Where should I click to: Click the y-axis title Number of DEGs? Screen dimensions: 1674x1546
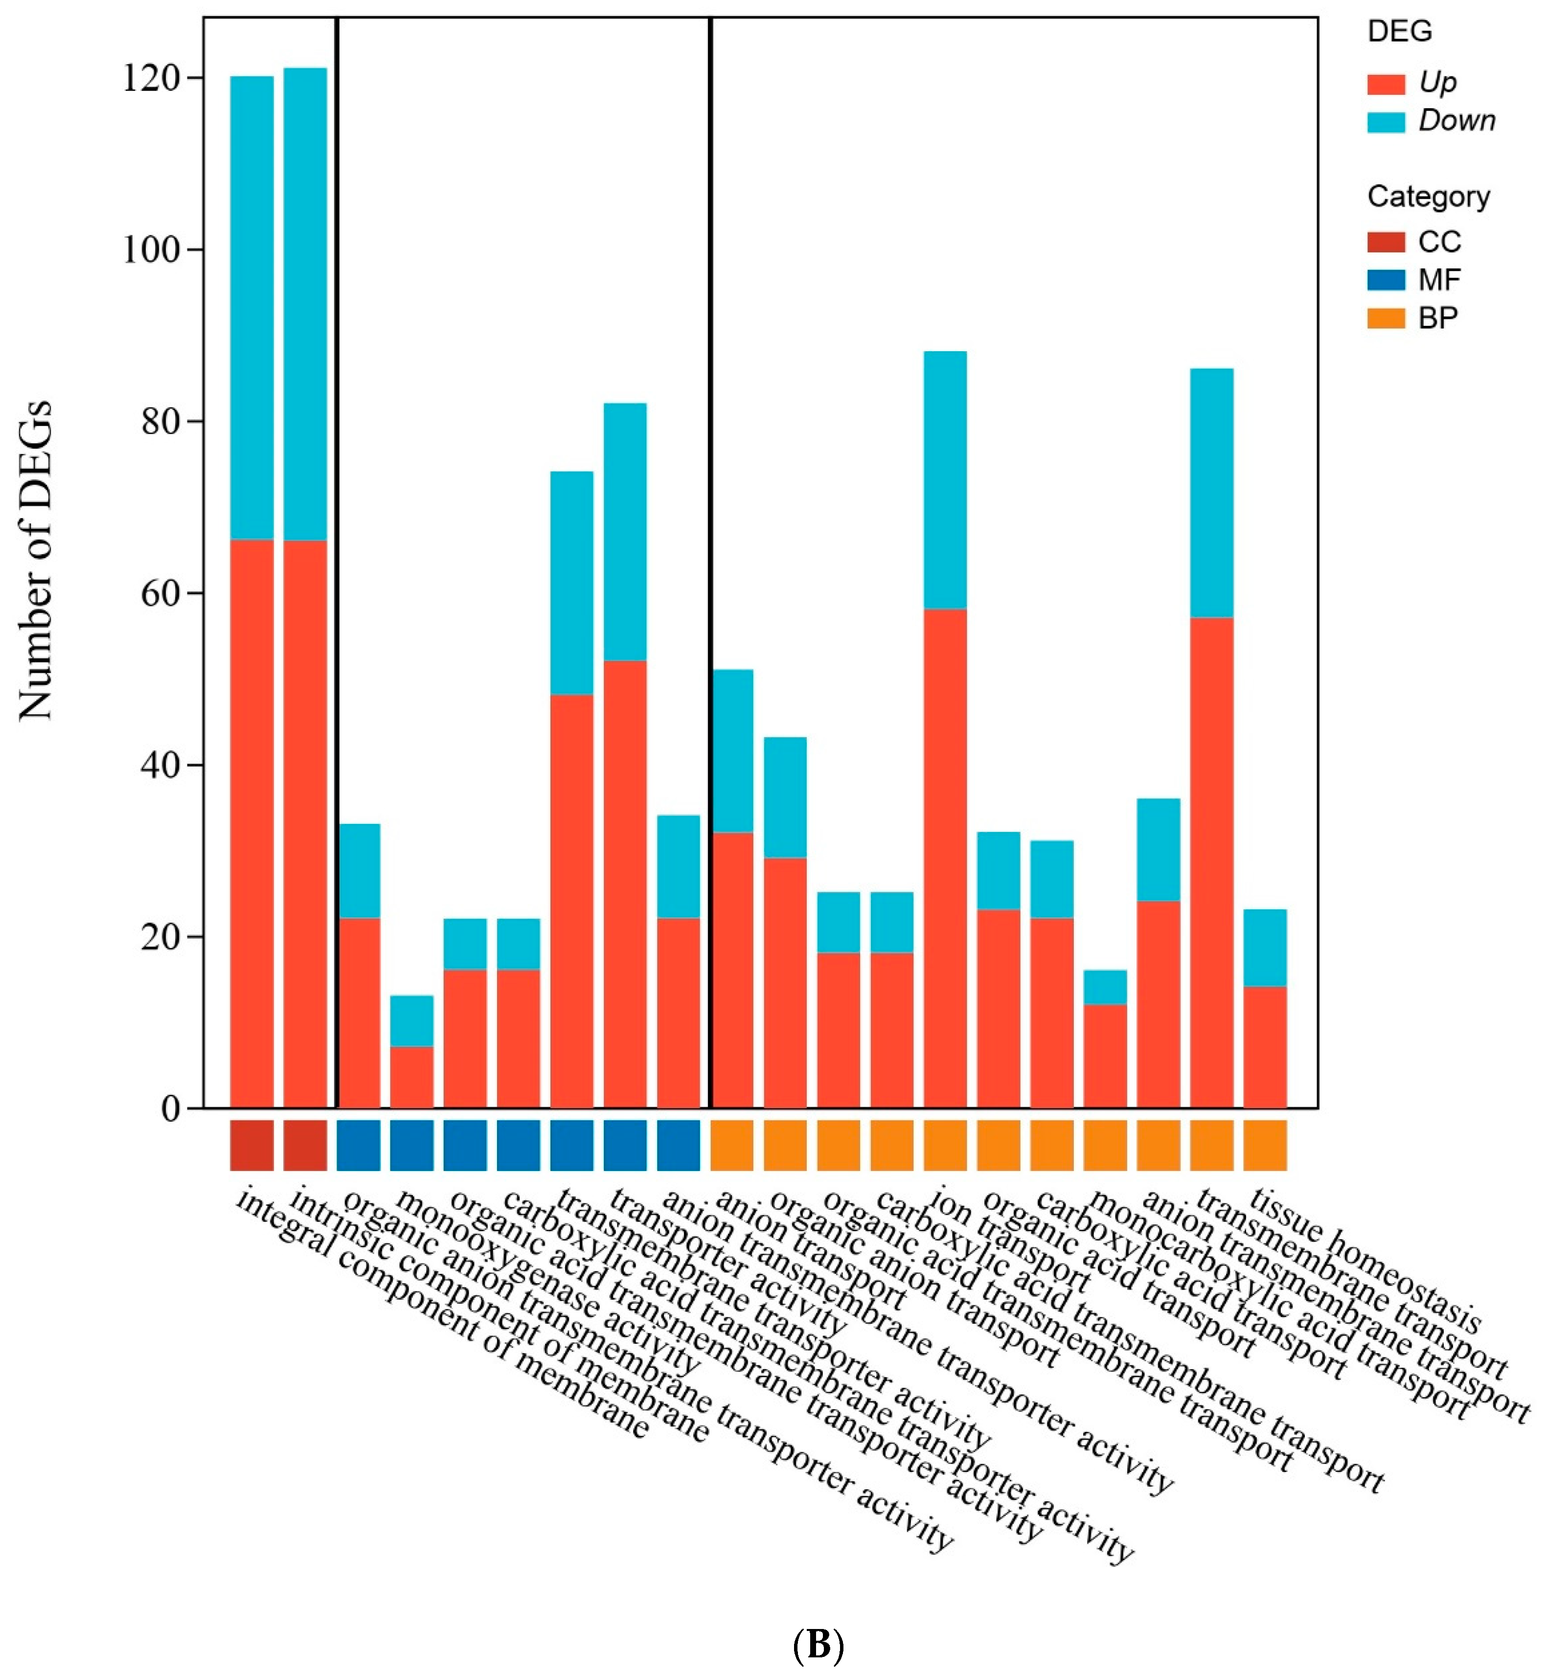(x=35, y=561)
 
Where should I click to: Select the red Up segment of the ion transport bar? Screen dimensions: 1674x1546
(x=945, y=858)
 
